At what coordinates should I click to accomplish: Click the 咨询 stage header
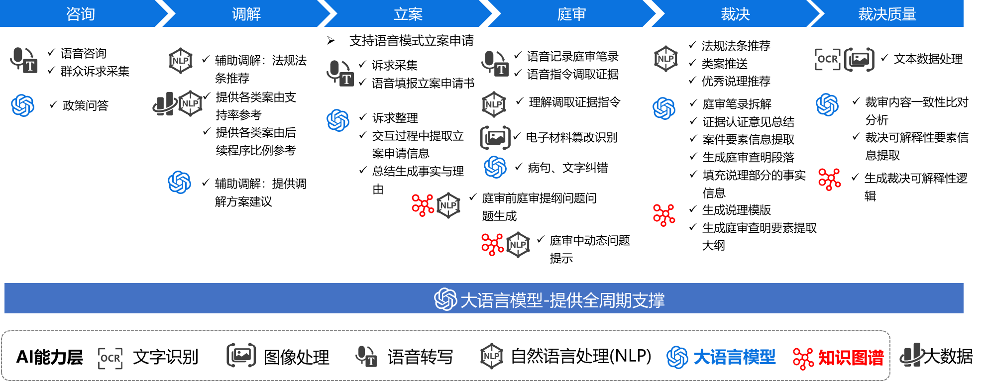[81, 13]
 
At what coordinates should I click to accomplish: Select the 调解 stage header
[246, 13]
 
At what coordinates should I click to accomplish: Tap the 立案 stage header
[408, 13]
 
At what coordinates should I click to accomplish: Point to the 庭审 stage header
[571, 13]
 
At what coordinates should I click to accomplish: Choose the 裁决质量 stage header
[887, 13]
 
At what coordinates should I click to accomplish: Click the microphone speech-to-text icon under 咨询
[24, 60]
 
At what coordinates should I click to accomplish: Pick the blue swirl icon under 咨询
[23, 105]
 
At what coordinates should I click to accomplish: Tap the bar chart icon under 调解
[164, 104]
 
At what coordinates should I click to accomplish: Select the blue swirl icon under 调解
[180, 182]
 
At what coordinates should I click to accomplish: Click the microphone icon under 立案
[340, 73]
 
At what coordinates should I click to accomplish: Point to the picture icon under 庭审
[495, 138]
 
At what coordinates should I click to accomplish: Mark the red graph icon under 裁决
[664, 215]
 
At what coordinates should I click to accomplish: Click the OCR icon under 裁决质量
[827, 60]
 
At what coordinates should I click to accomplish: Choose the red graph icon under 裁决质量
[829, 180]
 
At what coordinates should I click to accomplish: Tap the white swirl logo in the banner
[445, 299]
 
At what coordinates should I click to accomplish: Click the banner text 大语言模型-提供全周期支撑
[562, 300]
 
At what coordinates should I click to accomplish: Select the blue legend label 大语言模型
[734, 357]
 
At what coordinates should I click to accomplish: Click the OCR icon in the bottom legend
[110, 358]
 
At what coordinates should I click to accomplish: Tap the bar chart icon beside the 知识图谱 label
[912, 355]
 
